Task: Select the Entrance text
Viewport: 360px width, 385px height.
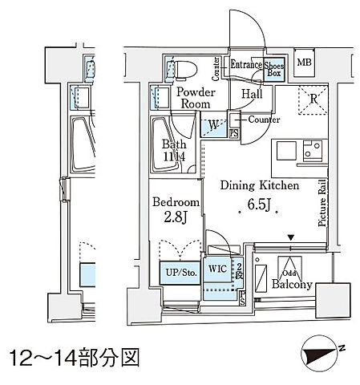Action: (246, 64)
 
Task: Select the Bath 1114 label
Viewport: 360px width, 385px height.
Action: (176, 151)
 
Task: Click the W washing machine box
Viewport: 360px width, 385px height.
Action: (212, 125)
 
